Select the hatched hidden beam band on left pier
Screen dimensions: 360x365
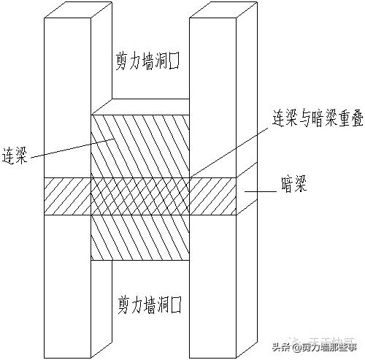66,196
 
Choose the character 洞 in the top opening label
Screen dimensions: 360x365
165,58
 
